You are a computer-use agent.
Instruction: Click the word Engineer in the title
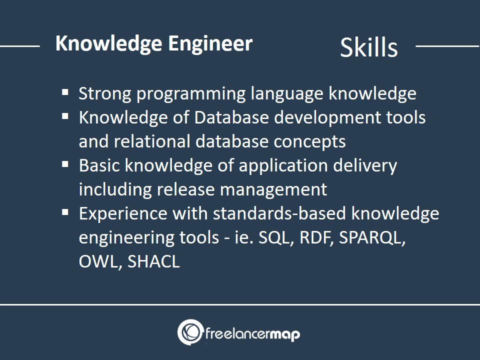coord(210,43)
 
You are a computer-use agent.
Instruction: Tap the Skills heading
coord(369,47)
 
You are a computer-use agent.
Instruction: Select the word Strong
coord(105,93)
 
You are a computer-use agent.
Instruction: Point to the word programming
coord(191,93)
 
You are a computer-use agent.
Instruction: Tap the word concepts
coord(310,142)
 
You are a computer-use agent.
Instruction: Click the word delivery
coord(365,165)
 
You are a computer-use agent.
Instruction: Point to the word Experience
coord(123,213)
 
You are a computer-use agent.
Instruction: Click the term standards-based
coord(279,213)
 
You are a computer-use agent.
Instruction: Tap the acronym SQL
coord(274,237)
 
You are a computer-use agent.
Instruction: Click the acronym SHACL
coord(153,261)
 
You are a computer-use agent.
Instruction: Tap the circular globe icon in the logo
coord(190,332)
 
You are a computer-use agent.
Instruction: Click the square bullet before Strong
coord(65,92)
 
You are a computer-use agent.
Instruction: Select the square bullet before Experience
coord(65,212)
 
